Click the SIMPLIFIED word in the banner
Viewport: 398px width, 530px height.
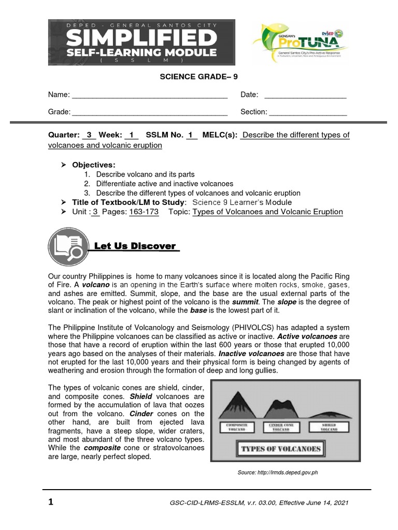point(141,38)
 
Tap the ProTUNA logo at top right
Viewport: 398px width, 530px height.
point(300,42)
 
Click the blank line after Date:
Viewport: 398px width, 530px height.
point(305,96)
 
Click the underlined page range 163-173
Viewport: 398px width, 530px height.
point(144,212)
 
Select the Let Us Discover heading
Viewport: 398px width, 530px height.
point(136,246)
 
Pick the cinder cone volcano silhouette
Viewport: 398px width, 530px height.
point(281,409)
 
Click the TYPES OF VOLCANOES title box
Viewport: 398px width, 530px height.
point(281,448)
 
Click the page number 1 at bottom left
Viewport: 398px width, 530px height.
point(51,503)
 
